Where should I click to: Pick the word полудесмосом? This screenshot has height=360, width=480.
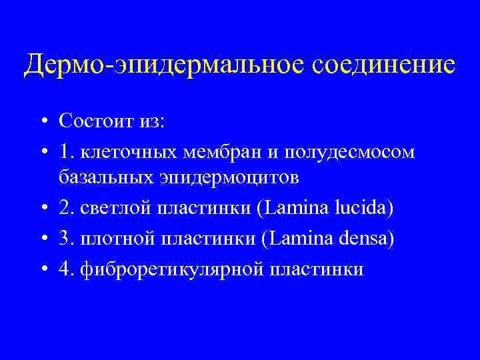click(349, 152)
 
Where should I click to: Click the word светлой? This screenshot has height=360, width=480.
click(114, 209)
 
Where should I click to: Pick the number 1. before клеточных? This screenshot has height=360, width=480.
click(66, 151)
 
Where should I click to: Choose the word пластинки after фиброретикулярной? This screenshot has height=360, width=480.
click(317, 269)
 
